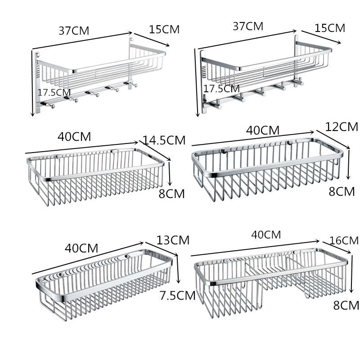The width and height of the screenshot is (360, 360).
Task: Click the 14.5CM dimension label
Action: tap(164, 140)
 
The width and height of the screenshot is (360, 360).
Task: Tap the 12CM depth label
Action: tap(342, 127)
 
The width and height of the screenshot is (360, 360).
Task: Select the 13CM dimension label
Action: tap(173, 240)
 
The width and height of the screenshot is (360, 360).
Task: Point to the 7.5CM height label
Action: tap(177, 295)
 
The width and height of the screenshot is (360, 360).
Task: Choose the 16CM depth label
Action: tap(344, 241)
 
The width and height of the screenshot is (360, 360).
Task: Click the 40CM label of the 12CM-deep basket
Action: tap(263, 130)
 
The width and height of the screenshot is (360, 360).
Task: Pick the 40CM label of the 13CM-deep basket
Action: tap(81, 248)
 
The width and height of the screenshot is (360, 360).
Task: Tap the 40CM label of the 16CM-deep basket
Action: tap(266, 234)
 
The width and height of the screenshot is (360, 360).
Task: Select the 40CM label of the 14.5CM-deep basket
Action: tap(74, 137)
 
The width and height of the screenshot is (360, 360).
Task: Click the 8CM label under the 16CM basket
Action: tap(346, 306)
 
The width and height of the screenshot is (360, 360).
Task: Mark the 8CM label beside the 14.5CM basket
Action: tap(171, 194)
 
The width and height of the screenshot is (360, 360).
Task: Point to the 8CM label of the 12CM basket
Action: tap(342, 192)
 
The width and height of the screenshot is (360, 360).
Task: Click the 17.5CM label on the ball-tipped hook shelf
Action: tap(54, 93)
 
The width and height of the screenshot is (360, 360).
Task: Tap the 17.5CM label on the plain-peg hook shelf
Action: tap(221, 89)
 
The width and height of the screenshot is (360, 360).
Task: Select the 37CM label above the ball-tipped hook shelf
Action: tap(74, 31)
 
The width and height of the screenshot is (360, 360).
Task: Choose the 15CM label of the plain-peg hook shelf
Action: tap(330, 28)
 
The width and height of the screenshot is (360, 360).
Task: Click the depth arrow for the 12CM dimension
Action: tap(333, 139)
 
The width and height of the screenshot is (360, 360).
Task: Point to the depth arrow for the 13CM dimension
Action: tap(162, 249)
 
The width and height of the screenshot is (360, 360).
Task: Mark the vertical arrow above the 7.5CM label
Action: tap(178, 269)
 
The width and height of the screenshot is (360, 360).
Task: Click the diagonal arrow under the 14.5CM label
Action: tap(155, 150)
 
